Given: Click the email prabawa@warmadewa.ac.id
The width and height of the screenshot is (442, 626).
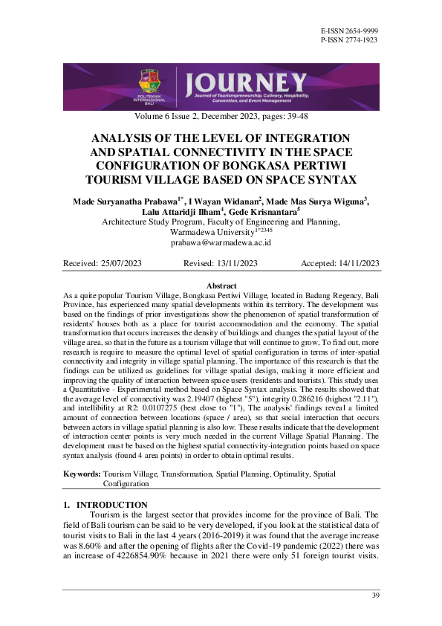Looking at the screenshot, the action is tap(220, 243).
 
